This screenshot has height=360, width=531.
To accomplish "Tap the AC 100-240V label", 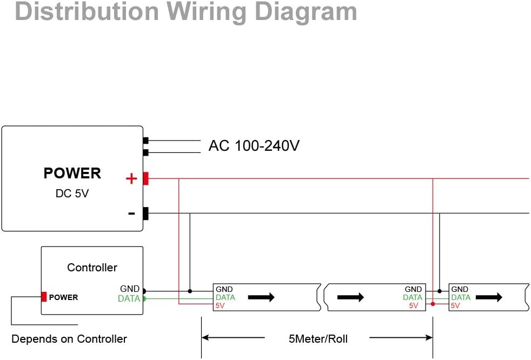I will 254,146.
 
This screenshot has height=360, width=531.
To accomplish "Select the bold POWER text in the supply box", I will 72,174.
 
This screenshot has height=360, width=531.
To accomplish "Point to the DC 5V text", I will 72,193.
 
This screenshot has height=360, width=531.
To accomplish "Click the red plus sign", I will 131,178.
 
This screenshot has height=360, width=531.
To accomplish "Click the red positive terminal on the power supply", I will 145,178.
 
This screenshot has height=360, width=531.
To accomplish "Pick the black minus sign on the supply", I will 131,214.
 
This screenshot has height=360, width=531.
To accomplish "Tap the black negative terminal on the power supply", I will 145,214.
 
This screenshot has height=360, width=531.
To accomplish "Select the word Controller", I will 92,268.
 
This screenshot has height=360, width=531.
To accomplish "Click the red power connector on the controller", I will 44,297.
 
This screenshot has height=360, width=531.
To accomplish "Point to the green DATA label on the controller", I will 129,299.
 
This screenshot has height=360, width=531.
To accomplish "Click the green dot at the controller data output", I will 144,298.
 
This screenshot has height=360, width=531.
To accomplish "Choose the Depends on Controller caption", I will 69,339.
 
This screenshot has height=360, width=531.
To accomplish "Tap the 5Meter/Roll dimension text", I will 318,339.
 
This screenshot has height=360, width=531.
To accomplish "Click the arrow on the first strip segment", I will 261,297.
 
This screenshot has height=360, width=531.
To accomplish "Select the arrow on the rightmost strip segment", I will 489,297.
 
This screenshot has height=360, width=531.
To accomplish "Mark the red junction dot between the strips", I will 433,304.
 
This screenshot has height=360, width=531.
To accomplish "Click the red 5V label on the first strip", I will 221,305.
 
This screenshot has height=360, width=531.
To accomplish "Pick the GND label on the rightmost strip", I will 460,290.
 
